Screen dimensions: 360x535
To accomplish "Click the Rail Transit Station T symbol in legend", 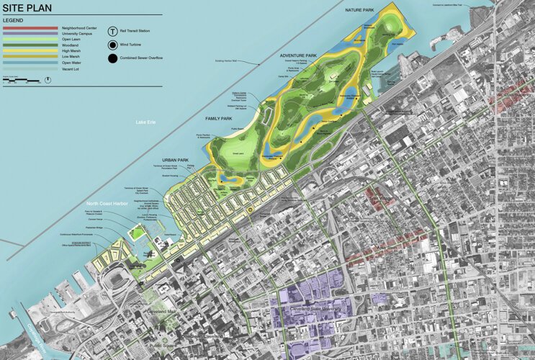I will (x=112, y=31).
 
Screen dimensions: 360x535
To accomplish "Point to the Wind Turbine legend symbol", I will (x=112, y=43).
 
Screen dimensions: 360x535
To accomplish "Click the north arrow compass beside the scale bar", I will (x=47, y=79).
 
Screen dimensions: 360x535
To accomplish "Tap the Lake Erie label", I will (x=147, y=123).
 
